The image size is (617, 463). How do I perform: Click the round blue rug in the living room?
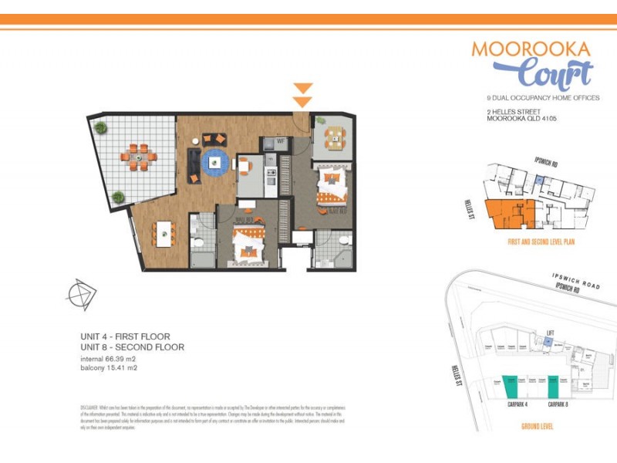tap(215, 162)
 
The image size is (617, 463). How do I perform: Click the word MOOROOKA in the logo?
tap(531, 49)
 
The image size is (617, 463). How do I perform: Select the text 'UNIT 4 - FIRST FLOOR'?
tap(125, 336)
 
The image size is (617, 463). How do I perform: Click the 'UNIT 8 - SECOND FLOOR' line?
tap(133, 347)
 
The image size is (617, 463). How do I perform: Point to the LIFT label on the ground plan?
tap(550, 333)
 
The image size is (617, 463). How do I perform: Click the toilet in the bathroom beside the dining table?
tap(198, 245)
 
